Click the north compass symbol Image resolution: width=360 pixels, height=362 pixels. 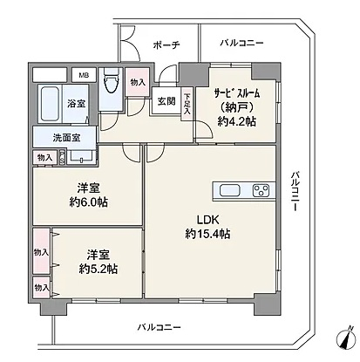pyautogui.click(x=346, y=338)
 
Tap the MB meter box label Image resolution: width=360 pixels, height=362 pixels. pyautogui.click(x=84, y=75)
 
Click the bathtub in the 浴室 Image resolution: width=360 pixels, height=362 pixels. pyautogui.click(x=50, y=104)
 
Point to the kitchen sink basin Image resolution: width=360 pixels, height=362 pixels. pyautogui.click(x=230, y=191)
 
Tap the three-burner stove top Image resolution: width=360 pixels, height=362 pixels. pyautogui.click(x=261, y=191)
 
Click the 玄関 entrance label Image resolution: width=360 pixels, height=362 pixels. pyautogui.click(x=166, y=101)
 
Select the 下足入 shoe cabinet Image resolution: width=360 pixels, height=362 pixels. pyautogui.click(x=187, y=104)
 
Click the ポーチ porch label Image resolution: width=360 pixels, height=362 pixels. pyautogui.click(x=166, y=45)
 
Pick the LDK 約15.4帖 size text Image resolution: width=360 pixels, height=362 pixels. pyautogui.click(x=207, y=227)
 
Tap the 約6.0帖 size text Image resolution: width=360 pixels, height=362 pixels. pyautogui.click(x=88, y=202)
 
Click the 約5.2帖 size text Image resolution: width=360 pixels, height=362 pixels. pyautogui.click(x=98, y=270)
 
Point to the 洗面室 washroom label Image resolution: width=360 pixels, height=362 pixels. pyautogui.click(x=67, y=138)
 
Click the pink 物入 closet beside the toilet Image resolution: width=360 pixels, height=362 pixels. pyautogui.click(x=138, y=82)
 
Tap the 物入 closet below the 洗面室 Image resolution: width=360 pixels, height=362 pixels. pyautogui.click(x=45, y=158)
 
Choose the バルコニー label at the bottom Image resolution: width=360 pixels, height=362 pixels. pyautogui.click(x=159, y=327)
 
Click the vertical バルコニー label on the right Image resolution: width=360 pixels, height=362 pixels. pyautogui.click(x=295, y=191)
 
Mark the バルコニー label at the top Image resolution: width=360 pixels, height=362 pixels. pyautogui.click(x=241, y=43)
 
